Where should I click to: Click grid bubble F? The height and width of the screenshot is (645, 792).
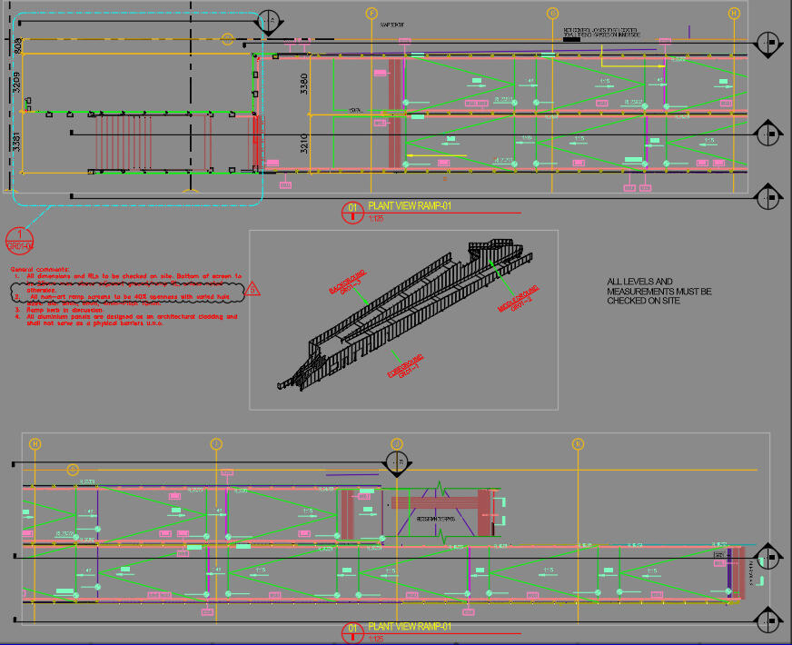(371, 14)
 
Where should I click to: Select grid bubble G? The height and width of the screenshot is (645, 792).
(552, 14)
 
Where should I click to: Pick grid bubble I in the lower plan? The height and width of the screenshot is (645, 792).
(216, 444)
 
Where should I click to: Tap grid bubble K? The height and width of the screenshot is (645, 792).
(578, 444)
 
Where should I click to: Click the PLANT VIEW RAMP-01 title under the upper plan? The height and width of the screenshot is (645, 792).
(409, 206)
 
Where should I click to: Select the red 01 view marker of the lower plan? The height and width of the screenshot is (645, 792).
(351, 631)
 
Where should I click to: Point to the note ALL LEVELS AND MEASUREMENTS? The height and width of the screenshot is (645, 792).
(659, 291)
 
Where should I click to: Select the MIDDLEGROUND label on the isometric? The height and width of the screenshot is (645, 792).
(519, 299)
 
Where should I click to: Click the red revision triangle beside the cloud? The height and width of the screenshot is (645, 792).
(253, 289)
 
